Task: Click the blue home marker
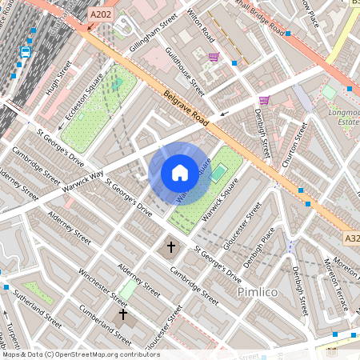(180, 172)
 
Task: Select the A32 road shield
(352, 238)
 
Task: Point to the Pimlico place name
(258, 293)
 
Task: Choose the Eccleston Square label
(85, 103)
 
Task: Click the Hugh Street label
(58, 78)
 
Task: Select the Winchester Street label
(102, 287)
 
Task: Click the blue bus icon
(25, 52)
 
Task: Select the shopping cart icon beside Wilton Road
(214, 57)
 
